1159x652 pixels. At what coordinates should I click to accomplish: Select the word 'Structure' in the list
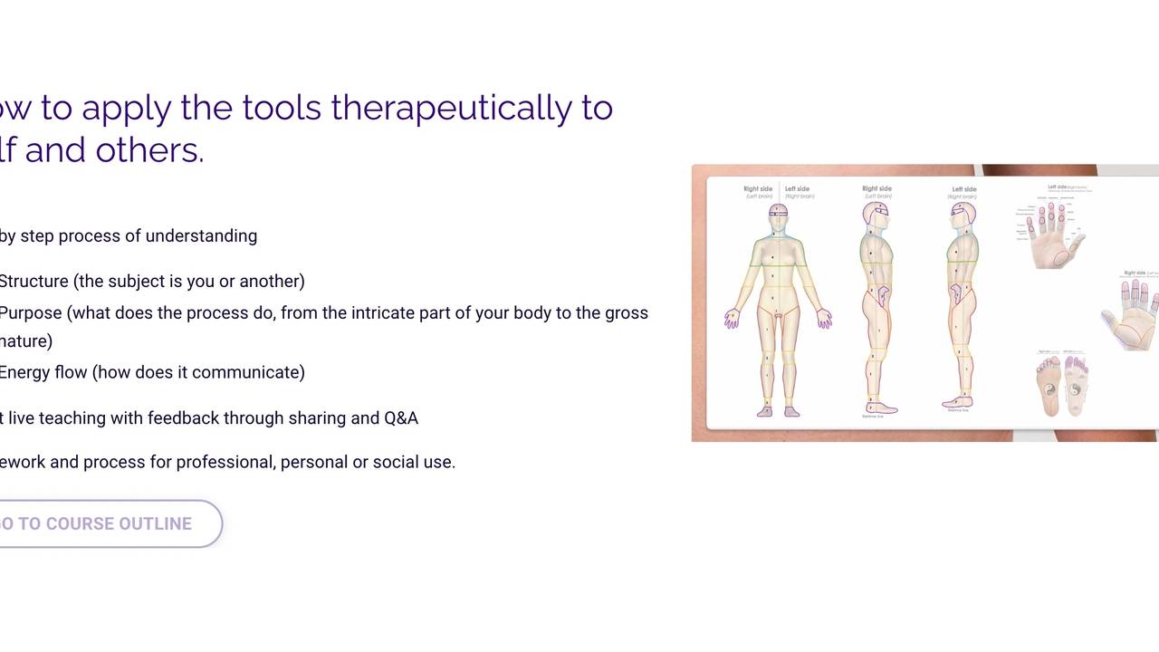coord(34,281)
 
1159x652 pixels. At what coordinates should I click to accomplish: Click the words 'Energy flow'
coord(43,372)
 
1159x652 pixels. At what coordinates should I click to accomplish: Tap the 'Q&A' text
coord(401,417)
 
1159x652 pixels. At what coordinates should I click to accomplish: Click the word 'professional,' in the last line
coord(225,462)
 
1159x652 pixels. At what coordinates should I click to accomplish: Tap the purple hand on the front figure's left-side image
coord(732,319)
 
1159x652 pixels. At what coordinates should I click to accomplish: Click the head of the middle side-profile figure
coord(876,214)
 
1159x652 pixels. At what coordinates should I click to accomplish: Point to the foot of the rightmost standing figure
coord(958,402)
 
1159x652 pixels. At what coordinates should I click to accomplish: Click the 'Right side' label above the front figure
coord(758,189)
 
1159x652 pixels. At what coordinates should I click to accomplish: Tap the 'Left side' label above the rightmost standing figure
coord(963,189)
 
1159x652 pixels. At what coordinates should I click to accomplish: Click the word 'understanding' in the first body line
coord(201,235)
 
